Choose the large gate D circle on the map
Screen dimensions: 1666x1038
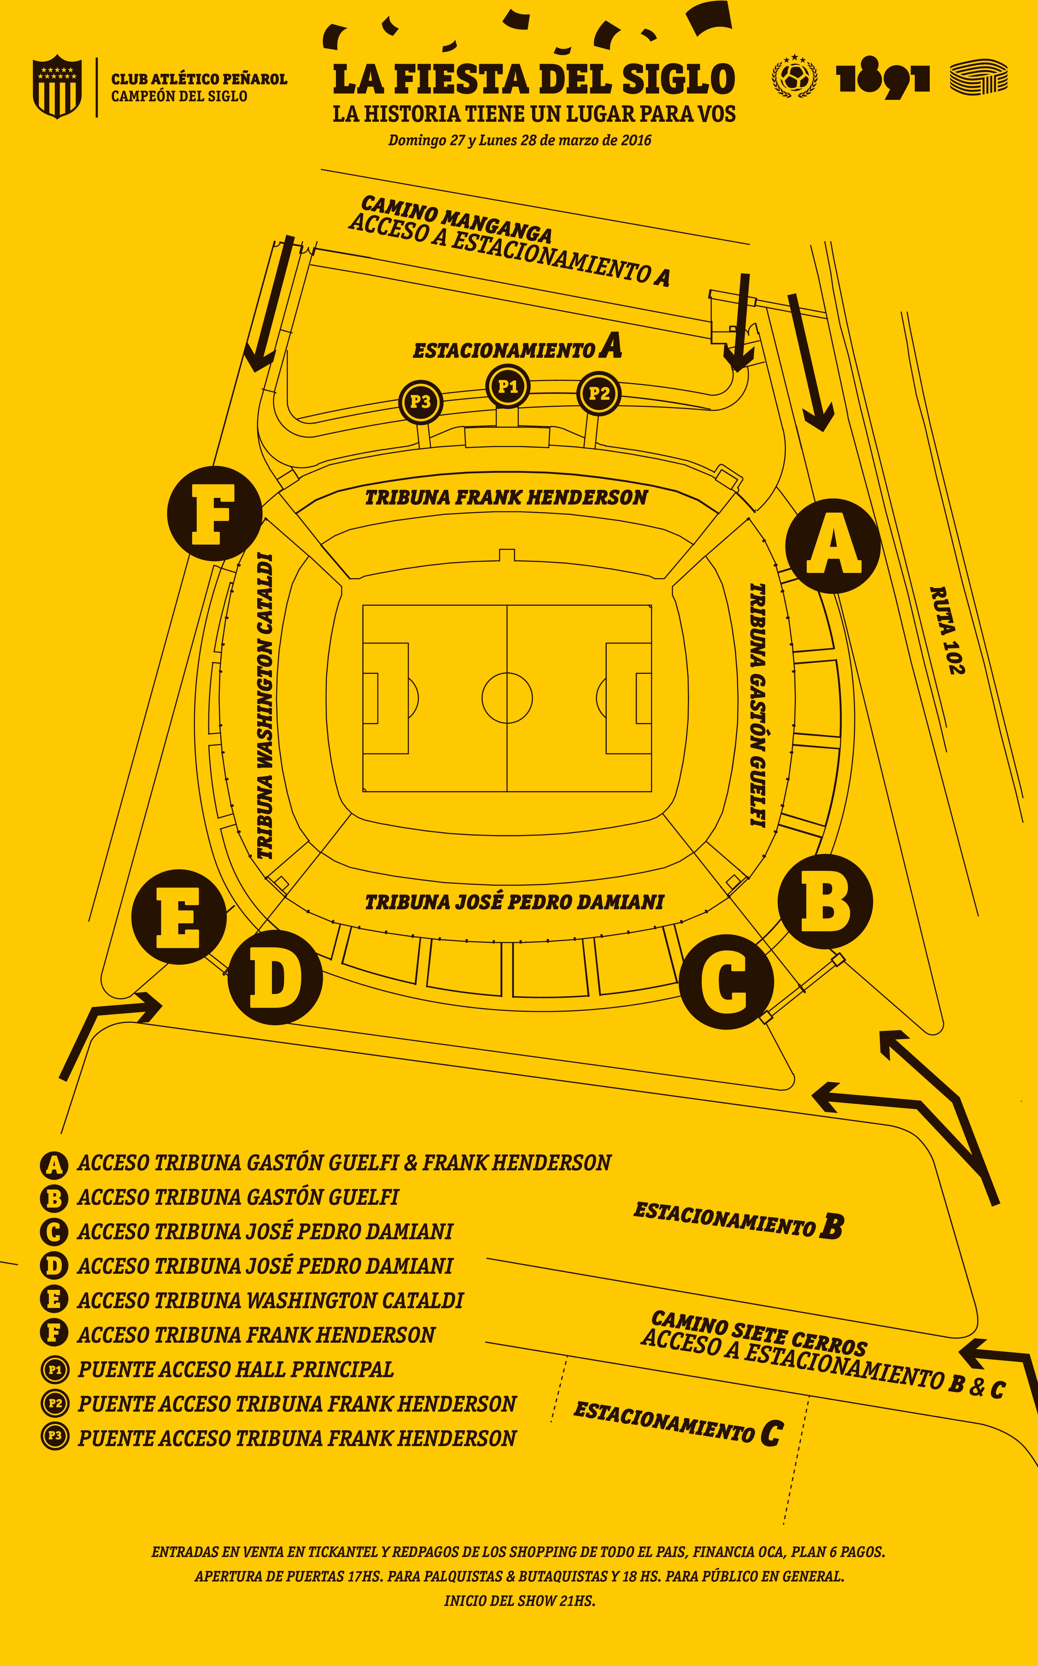275,978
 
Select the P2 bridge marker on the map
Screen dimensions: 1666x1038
599,394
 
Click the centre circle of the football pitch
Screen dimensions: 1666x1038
507,698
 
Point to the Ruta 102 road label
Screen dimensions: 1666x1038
947,630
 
